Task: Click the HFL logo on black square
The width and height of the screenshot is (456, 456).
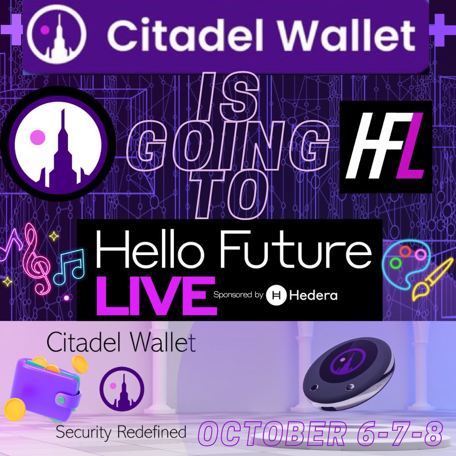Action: pyautogui.click(x=386, y=147)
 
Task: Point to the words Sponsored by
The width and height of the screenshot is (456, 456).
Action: pyautogui.click(x=238, y=295)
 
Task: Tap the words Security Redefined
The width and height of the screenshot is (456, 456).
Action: pyautogui.click(x=121, y=432)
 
